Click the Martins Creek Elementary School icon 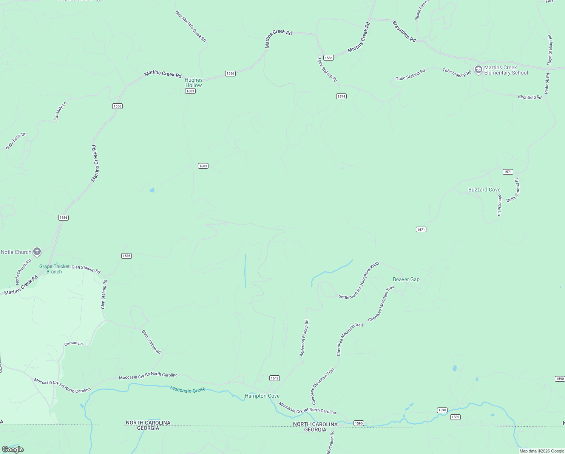tap(479, 70)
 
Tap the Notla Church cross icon tap(37, 252)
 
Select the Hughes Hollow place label tap(193, 82)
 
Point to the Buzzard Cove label tap(484, 190)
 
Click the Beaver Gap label tap(406, 279)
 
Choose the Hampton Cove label tap(262, 396)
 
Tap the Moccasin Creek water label tap(187, 389)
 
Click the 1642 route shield tap(275, 378)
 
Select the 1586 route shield tap(127, 256)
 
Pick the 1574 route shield tap(341, 96)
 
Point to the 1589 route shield tap(455, 417)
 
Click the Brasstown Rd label tap(404, 31)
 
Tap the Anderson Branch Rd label tap(304, 338)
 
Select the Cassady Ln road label tap(60, 111)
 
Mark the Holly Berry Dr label tap(15, 141)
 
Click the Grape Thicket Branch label tap(54, 269)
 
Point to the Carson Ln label tap(73, 344)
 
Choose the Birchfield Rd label tap(529, 97)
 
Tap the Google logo tap(13, 449)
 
